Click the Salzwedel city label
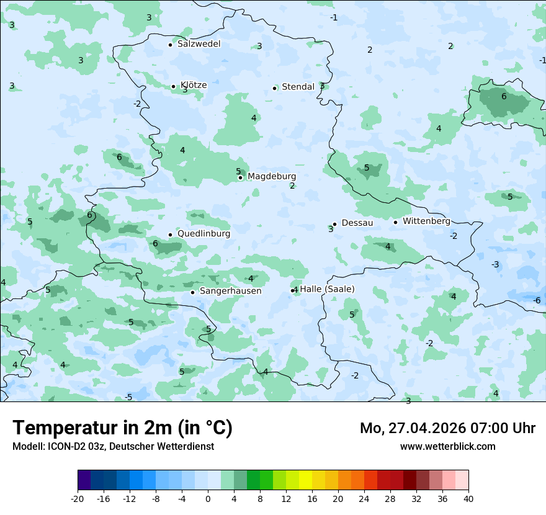[x=199, y=44]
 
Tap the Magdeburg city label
[x=272, y=177]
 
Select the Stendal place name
[x=298, y=87]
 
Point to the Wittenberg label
[x=426, y=221]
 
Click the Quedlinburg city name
[x=204, y=234]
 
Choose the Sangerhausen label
[x=230, y=291]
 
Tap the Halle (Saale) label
[x=327, y=289]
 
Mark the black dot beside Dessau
[x=334, y=224]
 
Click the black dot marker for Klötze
[x=173, y=87]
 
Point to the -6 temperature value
[x=537, y=300]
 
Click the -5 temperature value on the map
[x=128, y=397]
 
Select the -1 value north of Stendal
[x=334, y=17]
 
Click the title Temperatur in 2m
[x=122, y=428]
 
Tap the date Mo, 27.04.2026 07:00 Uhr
[x=447, y=428]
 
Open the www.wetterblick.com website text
[x=447, y=446]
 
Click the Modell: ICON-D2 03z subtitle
[x=113, y=446]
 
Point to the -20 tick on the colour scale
[x=78, y=499]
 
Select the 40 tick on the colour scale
[x=468, y=499]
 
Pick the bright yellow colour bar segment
[x=305, y=480]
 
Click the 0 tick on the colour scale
[x=208, y=499]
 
